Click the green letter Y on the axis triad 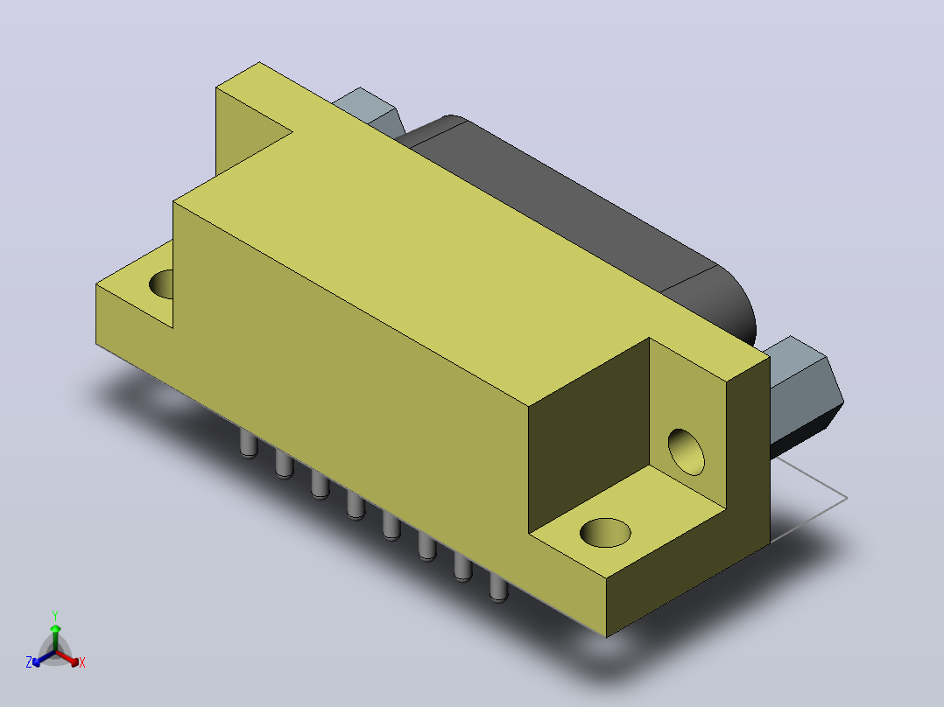[x=55, y=615]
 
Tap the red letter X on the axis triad [x=82, y=662]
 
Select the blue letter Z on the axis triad [x=29, y=661]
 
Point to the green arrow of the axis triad [x=55, y=638]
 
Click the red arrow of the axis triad [x=67, y=658]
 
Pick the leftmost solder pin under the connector [x=249, y=444]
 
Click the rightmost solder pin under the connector [x=498, y=587]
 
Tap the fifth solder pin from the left [x=391, y=526]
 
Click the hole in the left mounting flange [x=161, y=284]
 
